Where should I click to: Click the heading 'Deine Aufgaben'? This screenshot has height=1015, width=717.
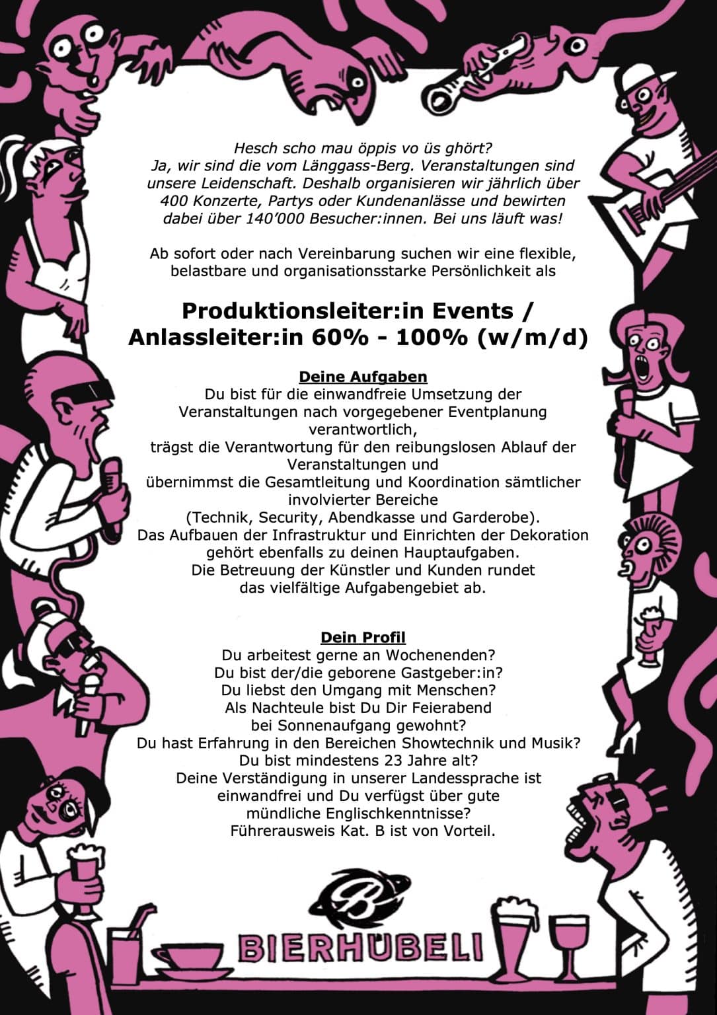click(363, 377)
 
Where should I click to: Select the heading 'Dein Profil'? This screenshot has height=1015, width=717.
click(363, 638)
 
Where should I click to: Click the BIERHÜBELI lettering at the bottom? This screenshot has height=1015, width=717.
click(360, 949)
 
